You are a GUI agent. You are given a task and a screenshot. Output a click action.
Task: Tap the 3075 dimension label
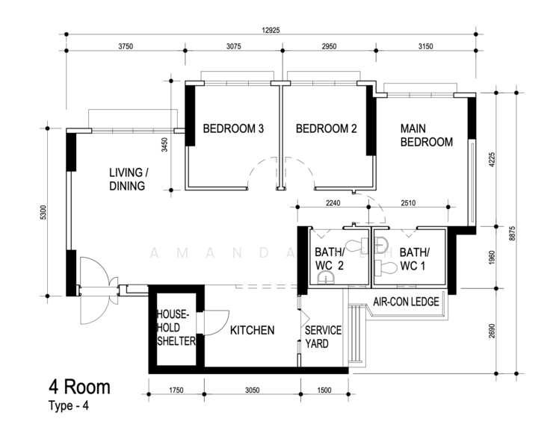point(233,46)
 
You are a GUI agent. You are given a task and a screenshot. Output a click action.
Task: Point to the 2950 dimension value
point(329,46)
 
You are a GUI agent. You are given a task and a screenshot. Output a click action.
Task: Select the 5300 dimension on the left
point(45,211)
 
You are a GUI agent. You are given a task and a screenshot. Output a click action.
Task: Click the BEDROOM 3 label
point(233,129)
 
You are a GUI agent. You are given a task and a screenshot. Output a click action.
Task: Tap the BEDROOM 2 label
point(326,129)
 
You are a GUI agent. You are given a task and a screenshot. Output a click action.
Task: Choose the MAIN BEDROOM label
point(427,134)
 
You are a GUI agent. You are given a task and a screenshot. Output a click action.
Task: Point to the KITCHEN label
point(252,330)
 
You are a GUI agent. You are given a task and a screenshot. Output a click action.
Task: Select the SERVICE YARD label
point(323,337)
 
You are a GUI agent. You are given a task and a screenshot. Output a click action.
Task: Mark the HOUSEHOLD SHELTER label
point(176,328)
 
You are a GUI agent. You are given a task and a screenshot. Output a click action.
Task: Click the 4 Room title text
point(80,387)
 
